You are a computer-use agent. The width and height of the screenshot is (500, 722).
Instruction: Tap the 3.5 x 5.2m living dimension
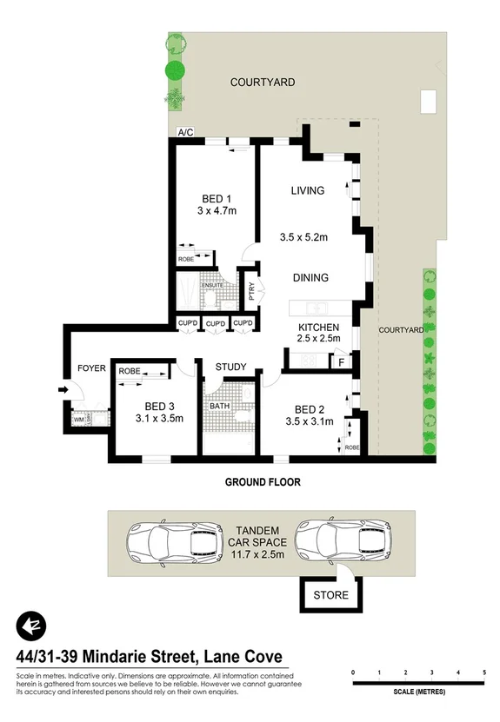(307, 236)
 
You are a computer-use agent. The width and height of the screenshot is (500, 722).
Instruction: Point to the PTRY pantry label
(251, 293)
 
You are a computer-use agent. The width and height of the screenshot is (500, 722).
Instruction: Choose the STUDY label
(230, 367)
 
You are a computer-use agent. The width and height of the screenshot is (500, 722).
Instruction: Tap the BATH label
(218, 405)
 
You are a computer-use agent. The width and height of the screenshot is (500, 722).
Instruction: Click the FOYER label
(91, 368)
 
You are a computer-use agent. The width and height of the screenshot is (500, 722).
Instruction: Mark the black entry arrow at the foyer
(63, 390)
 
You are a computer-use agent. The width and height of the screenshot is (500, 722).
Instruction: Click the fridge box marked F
(341, 359)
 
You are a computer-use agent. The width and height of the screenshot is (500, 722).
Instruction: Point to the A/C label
(184, 133)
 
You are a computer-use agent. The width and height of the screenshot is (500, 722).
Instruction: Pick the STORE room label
(331, 595)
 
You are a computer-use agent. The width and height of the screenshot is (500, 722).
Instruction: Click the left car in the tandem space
(165, 542)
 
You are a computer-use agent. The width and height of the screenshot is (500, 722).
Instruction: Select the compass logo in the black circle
(30, 626)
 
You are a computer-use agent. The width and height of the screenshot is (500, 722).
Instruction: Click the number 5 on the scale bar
(483, 673)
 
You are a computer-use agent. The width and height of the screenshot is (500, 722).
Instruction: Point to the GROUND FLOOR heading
(263, 482)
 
